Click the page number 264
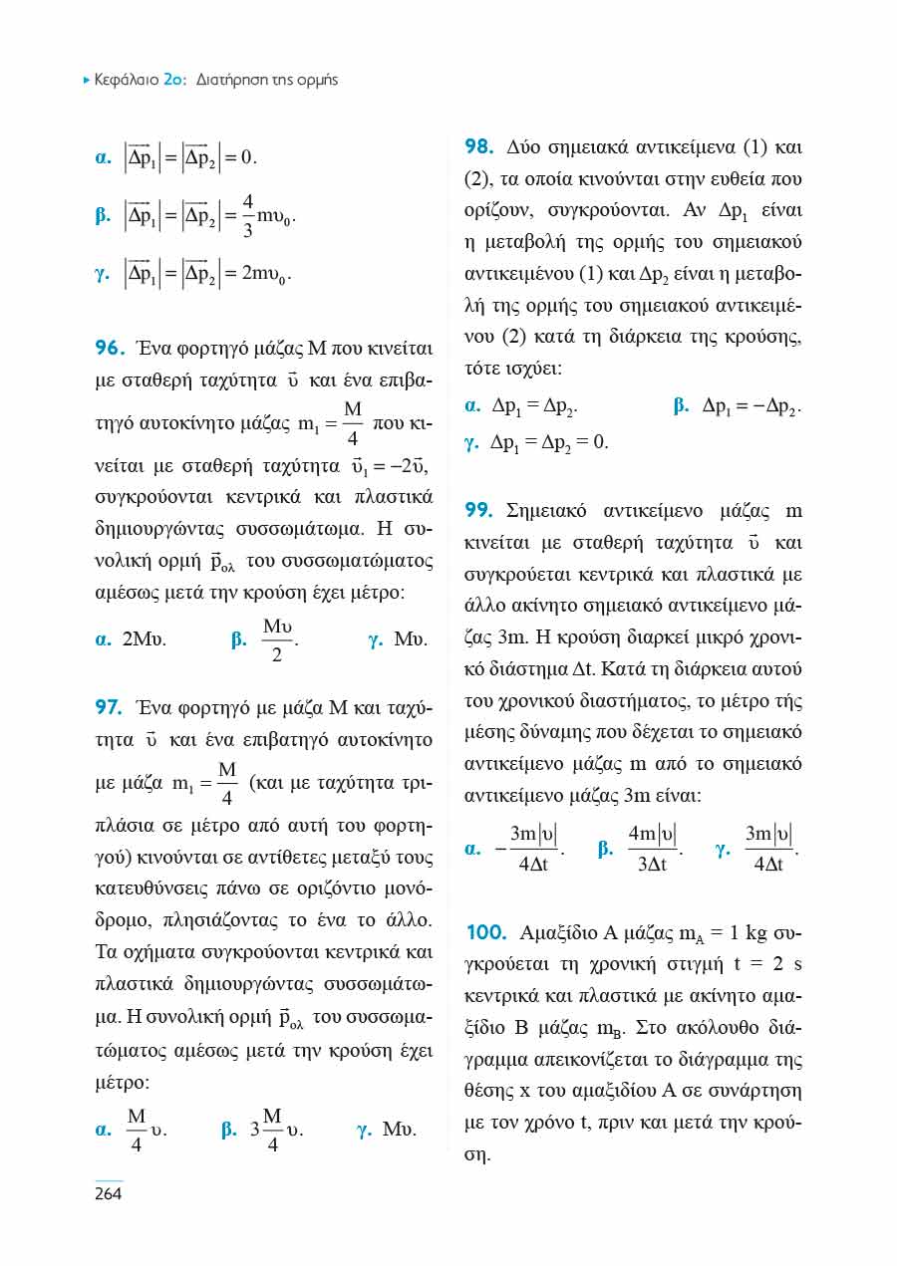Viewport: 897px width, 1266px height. click(108, 1194)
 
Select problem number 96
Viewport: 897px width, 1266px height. click(108, 349)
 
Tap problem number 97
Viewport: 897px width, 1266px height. click(108, 708)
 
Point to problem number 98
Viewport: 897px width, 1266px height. click(478, 147)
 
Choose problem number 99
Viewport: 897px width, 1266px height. click(478, 511)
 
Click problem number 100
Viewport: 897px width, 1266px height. click(485, 932)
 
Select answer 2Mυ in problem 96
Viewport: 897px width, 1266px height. click(144, 639)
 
